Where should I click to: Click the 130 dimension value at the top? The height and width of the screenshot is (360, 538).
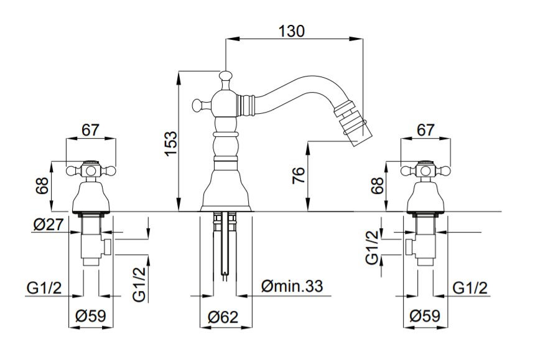[294, 31]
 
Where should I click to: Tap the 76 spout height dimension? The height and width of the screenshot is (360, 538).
[297, 177]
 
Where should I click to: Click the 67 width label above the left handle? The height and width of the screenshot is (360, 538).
[91, 129]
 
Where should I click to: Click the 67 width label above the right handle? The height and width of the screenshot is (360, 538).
[425, 129]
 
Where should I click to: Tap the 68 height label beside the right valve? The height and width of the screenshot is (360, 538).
[375, 187]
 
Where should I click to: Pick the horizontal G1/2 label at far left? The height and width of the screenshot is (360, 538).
[43, 288]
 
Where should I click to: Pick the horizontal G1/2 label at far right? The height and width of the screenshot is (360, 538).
[470, 288]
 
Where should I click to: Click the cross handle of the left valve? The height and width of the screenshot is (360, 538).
[91, 168]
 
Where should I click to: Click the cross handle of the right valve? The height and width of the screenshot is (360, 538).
[425, 168]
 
